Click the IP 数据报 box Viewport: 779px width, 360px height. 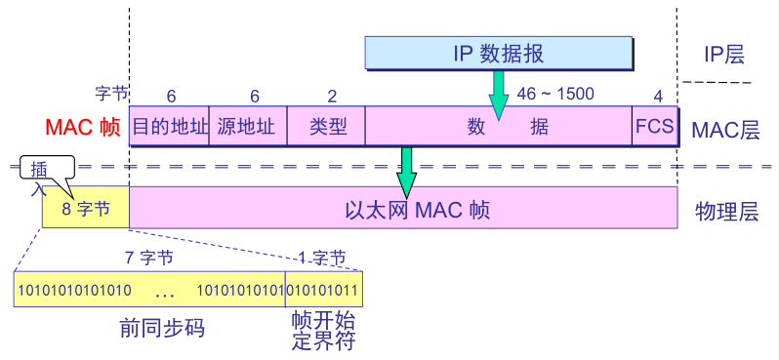(x=500, y=54)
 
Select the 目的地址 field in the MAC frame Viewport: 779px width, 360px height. (x=169, y=127)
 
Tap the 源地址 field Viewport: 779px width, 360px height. (x=247, y=127)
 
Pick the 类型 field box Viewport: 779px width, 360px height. (x=326, y=127)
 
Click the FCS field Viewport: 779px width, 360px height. (x=654, y=127)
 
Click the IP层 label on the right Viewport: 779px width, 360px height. (x=723, y=55)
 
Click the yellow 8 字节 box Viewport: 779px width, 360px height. (x=86, y=209)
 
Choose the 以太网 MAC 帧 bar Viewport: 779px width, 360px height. (x=402, y=209)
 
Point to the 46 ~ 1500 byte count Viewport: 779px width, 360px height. (x=554, y=95)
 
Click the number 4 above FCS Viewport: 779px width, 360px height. (x=658, y=96)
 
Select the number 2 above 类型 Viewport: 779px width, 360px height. (x=331, y=96)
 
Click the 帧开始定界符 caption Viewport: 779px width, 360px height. (x=322, y=331)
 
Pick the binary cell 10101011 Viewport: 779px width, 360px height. (x=323, y=290)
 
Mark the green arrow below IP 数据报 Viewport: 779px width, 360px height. (x=499, y=93)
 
